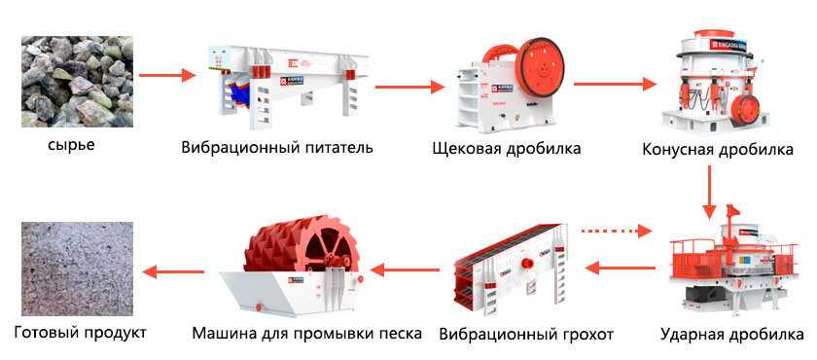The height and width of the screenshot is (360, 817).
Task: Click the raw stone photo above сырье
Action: (77, 82)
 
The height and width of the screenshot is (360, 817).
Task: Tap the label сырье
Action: (71, 144)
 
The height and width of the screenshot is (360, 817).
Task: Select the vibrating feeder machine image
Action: (288, 83)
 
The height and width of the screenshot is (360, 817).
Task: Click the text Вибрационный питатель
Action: (277, 148)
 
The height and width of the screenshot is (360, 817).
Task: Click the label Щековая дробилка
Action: (507, 149)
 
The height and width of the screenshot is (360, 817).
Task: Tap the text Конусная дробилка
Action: (718, 150)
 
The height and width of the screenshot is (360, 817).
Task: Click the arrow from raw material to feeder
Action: (167, 76)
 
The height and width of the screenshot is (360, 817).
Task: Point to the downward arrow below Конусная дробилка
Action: (709, 193)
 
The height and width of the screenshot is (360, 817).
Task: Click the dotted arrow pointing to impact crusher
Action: (617, 230)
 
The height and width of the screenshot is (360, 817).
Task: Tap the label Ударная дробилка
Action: (731, 334)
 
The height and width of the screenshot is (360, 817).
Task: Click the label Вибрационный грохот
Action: (526, 334)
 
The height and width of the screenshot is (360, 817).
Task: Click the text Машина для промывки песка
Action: (306, 333)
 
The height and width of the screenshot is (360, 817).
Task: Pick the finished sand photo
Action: (77, 269)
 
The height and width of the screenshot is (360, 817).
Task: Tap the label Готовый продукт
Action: (80, 333)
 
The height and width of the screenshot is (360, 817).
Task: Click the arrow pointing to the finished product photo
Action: (173, 270)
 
